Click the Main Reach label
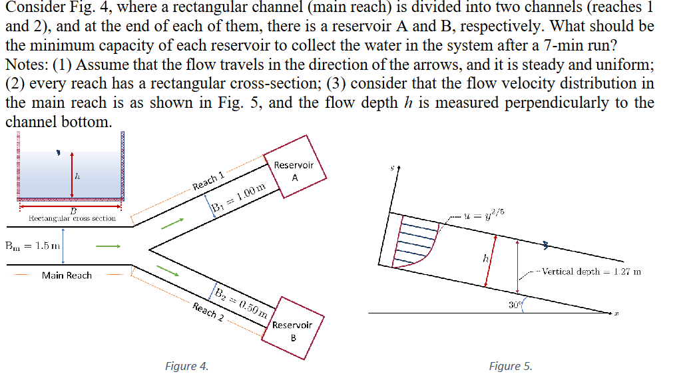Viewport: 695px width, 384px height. tap(67, 275)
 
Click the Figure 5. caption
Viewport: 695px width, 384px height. tap(511, 366)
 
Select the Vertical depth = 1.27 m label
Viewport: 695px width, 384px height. tap(590, 272)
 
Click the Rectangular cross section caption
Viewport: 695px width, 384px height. tap(72, 218)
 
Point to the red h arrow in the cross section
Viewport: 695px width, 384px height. tap(72, 177)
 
